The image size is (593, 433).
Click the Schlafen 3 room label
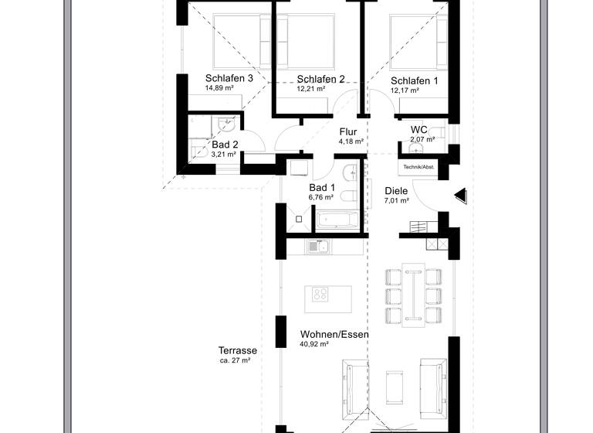229,78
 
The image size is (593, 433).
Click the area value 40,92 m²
315,345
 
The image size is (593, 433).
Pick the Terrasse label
237,350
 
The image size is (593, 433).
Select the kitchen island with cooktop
328,295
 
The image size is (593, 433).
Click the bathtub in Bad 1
337,220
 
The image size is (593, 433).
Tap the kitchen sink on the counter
317,247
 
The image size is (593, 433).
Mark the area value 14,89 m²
219,88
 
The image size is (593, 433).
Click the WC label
419,129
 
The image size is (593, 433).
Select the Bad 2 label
224,145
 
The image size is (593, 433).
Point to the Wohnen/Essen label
334,335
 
